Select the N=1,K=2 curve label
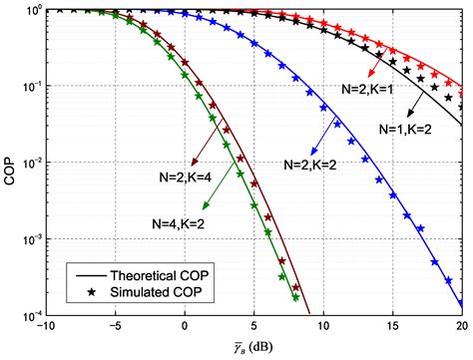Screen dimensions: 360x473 (412, 130)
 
